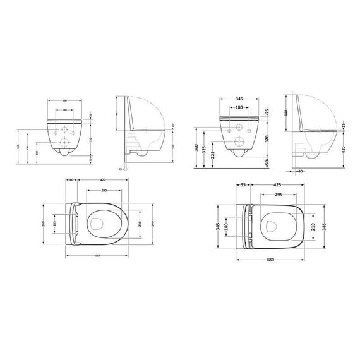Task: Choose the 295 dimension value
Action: pyautogui.click(x=279, y=195)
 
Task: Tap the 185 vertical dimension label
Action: pyautogui.click(x=55, y=225)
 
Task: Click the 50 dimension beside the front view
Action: pyautogui.click(x=267, y=162)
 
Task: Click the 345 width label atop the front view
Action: pyautogui.click(x=239, y=100)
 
